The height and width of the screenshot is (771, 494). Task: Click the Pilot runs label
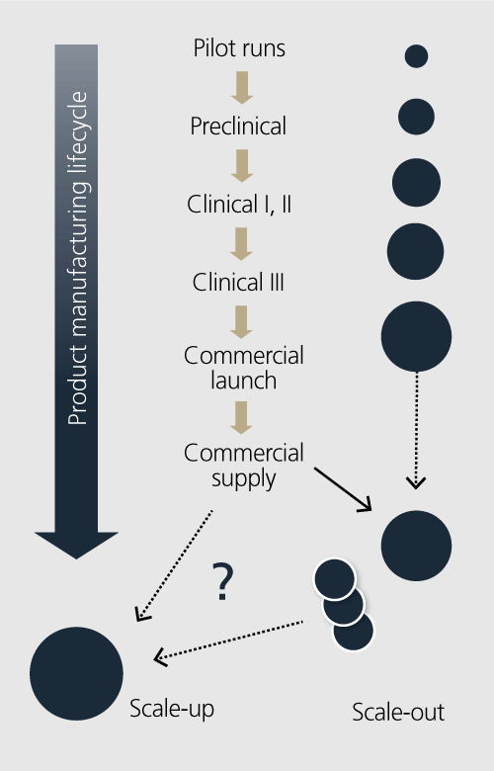[239, 48]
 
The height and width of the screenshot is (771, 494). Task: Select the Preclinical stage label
[238, 126]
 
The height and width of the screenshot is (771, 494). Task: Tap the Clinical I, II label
[239, 204]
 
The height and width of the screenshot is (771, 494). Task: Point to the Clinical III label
[238, 283]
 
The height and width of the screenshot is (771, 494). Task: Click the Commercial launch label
[244, 368]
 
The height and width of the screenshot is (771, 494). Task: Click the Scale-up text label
[172, 709]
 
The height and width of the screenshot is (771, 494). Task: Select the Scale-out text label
[398, 712]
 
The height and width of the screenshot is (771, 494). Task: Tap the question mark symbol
[222, 582]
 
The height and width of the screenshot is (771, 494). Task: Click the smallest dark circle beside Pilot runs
[416, 56]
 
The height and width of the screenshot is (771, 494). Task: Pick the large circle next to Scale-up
[76, 673]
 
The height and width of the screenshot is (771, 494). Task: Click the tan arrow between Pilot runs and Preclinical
[242, 88]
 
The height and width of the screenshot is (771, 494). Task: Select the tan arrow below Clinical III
[241, 322]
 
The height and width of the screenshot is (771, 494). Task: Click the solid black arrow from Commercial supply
[343, 489]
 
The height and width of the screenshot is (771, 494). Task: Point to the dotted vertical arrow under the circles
[416, 431]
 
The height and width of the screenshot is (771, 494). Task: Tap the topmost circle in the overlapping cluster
[334, 578]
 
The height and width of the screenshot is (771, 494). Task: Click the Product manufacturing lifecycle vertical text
[78, 258]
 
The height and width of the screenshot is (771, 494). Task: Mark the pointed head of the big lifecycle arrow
[76, 559]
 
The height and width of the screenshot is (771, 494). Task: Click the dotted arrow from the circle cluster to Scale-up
[228, 641]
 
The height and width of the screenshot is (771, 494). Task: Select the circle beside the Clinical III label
[415, 251]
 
